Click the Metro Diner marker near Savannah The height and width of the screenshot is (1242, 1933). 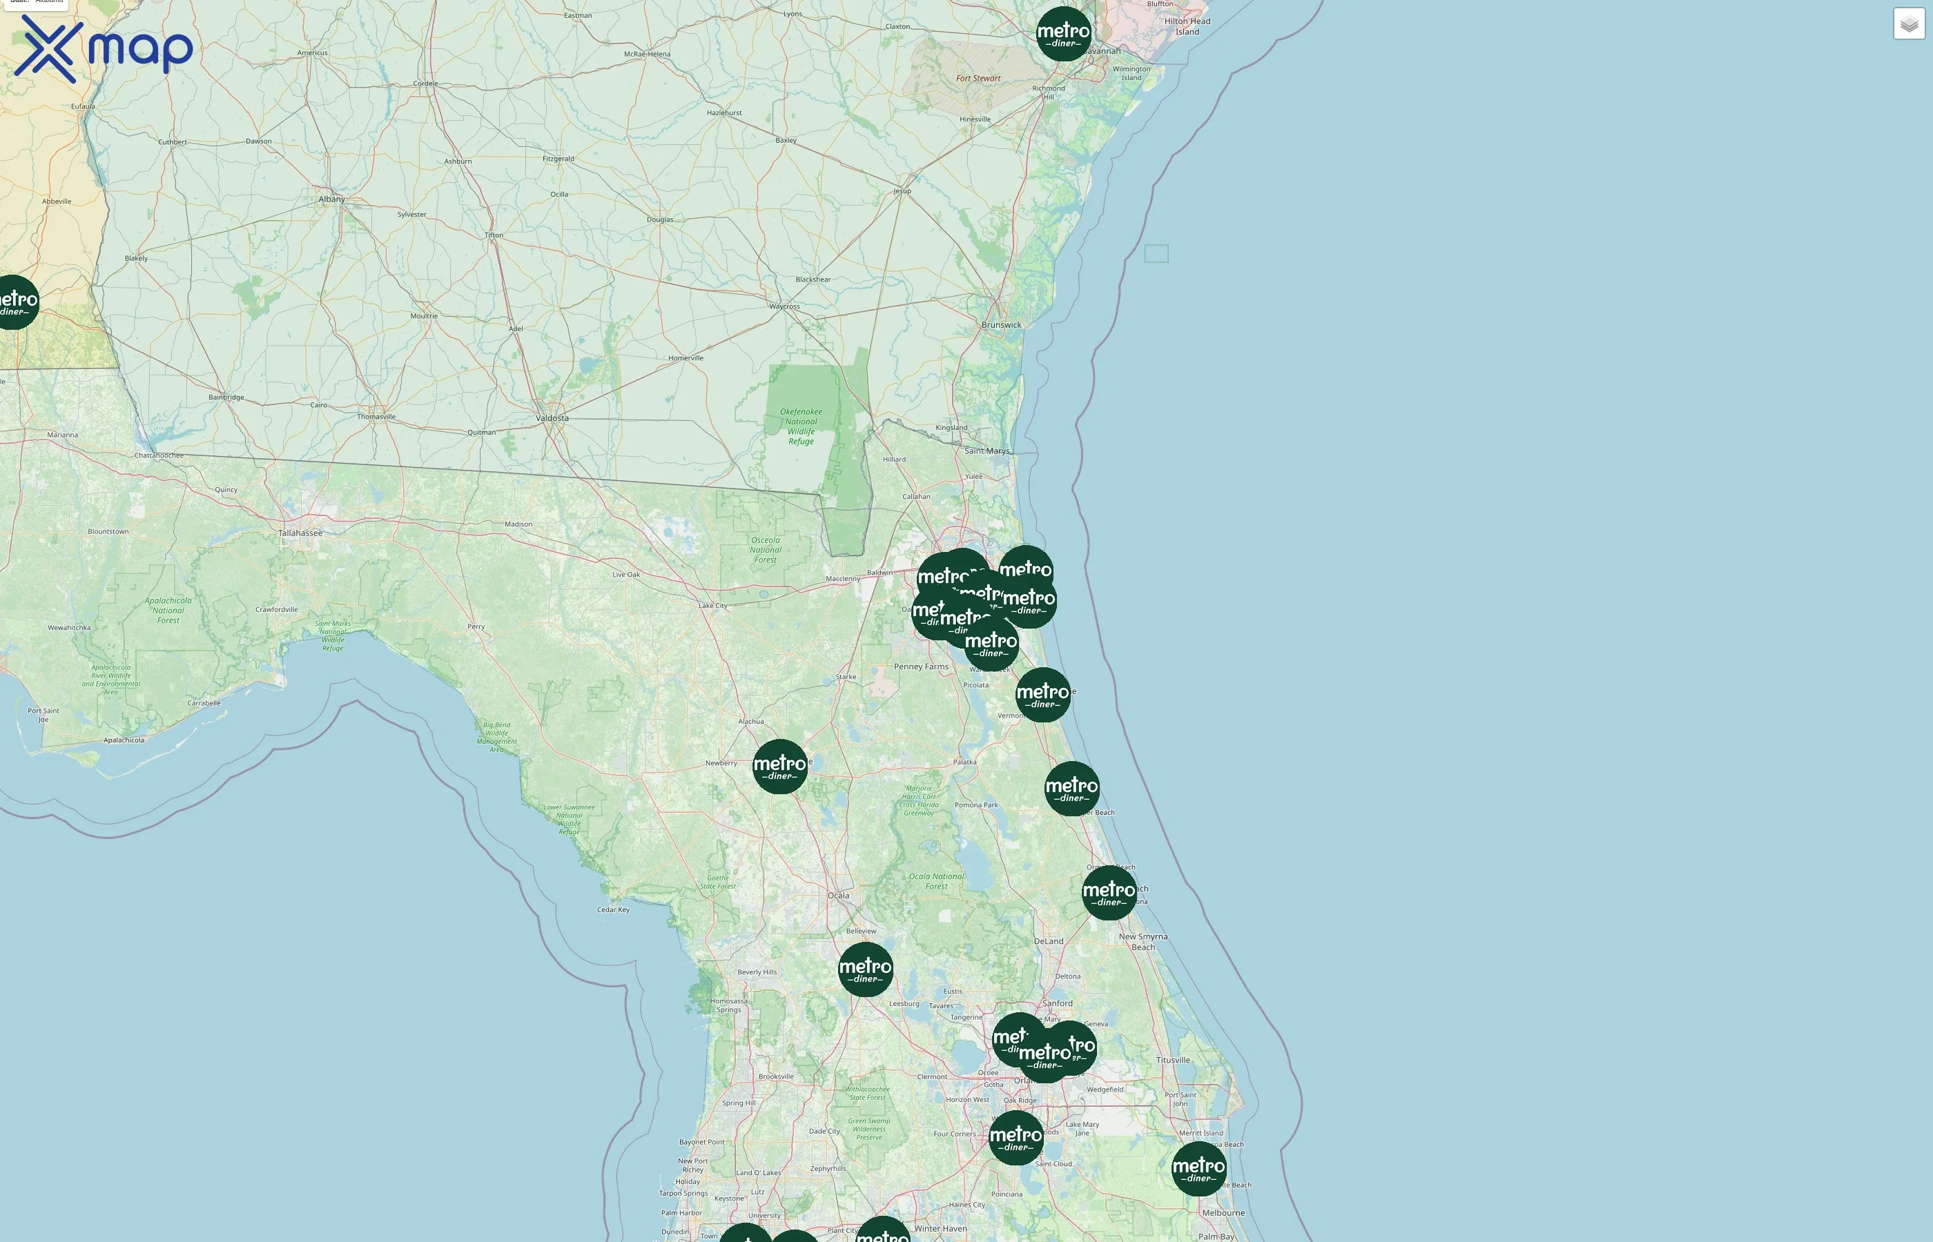pos(1063,34)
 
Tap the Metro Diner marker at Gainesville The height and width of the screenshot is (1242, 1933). pos(779,766)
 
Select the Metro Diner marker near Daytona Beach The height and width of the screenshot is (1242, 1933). pos(1109,893)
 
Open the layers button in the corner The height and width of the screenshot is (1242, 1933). pos(1908,24)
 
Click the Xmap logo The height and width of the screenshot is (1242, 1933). pos(104,48)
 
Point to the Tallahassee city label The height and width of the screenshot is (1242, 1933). pos(300,533)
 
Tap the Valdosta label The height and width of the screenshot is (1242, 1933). pos(552,417)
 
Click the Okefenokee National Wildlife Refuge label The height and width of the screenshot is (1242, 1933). pos(801,426)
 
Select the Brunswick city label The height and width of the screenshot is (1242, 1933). pos(1001,325)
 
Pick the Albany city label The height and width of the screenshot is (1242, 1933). pos(331,199)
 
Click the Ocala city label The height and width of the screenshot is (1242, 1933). pos(838,895)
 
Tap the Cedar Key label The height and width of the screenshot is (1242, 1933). pos(613,909)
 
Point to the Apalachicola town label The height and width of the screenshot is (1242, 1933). pos(124,740)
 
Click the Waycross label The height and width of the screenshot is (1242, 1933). pos(784,306)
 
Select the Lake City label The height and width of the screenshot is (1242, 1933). pos(712,606)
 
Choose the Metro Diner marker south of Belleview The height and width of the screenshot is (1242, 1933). pos(865,969)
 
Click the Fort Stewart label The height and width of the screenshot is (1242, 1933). pos(978,78)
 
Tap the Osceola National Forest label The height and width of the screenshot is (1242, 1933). pos(766,550)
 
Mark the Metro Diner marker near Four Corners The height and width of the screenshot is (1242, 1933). pos(1016,1138)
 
